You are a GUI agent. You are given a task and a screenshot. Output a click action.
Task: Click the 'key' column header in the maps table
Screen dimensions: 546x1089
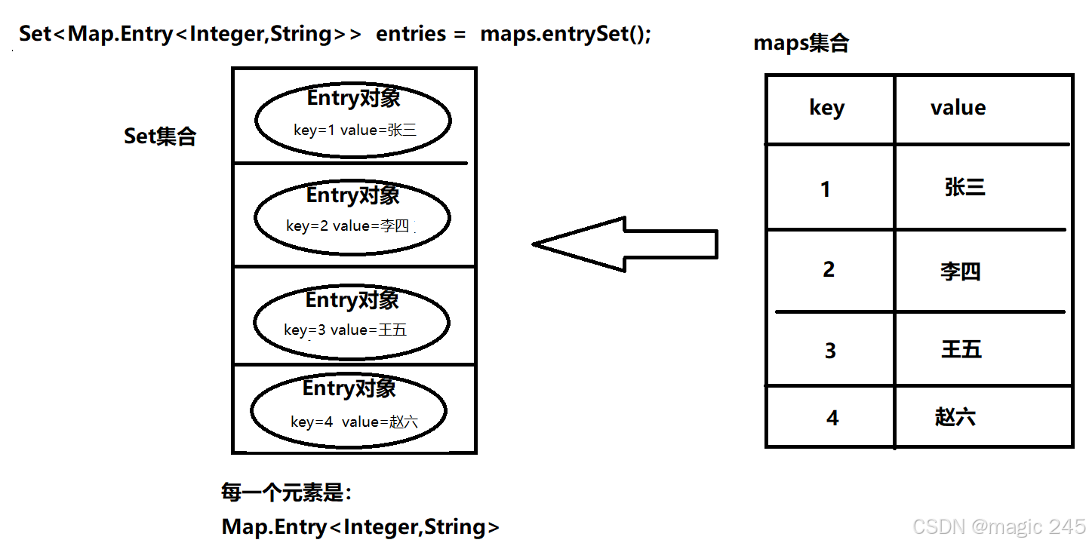pos(827,108)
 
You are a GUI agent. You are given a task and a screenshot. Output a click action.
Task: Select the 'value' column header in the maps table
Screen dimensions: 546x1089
pos(958,108)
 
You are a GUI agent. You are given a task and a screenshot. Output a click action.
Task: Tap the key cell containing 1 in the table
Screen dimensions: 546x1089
pos(826,189)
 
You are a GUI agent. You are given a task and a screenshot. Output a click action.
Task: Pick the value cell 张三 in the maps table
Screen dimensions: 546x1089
pos(964,188)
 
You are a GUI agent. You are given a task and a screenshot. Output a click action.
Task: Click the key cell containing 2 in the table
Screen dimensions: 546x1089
pos(829,269)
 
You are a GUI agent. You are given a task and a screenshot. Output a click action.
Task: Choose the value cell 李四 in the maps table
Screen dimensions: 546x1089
pos(960,271)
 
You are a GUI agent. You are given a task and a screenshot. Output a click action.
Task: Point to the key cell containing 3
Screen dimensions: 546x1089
pos(830,351)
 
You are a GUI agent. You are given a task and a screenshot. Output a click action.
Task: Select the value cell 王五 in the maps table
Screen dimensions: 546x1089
pos(961,350)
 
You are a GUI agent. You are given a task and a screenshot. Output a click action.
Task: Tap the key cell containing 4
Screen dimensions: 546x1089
pos(832,418)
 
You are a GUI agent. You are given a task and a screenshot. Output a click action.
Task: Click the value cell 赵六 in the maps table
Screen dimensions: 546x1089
pos(955,417)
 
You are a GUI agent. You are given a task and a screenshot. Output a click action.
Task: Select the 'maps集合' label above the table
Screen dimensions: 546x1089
pos(801,43)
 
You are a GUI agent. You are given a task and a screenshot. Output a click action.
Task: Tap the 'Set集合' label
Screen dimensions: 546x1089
pos(160,136)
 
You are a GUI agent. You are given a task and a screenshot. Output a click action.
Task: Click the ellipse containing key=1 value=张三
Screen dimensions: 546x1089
pos(353,121)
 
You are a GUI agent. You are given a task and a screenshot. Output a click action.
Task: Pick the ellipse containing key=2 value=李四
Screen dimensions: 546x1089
pos(352,217)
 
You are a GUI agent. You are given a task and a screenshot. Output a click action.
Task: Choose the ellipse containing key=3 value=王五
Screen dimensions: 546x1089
pos(352,322)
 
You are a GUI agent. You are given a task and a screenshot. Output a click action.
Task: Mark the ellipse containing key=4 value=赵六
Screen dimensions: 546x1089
pos(349,412)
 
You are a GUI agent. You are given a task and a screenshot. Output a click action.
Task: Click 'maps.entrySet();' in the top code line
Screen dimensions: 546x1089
pos(565,35)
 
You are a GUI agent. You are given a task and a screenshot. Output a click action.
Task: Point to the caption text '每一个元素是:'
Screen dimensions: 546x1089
pos(287,493)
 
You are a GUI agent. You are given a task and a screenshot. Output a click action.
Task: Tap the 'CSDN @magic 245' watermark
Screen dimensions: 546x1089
pos(998,526)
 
